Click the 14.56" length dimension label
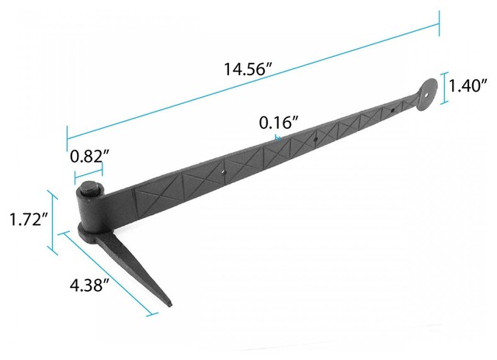pyautogui.click(x=248, y=70)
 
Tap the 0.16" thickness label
pyautogui.click(x=280, y=123)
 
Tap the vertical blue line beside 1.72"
pyautogui.click(x=52, y=221)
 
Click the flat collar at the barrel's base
pyautogui.click(x=93, y=234)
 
